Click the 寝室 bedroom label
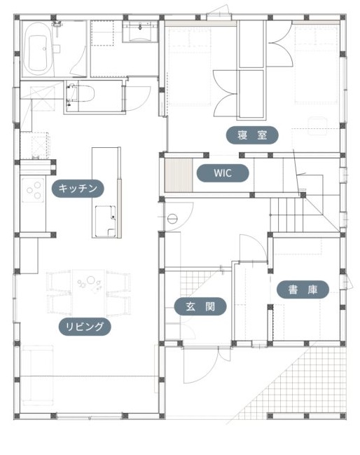[252, 135]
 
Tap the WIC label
[223, 173]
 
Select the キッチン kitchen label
[78, 189]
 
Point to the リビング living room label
[85, 327]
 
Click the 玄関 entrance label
[200, 306]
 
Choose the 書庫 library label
[303, 290]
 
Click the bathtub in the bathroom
[38, 49]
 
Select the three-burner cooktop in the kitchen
[33, 190]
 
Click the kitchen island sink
[106, 221]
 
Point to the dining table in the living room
[88, 292]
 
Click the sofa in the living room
[37, 375]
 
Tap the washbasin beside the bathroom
[140, 32]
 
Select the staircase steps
[287, 215]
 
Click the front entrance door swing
[201, 366]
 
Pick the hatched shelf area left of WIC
[179, 175]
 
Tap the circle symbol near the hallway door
[172, 218]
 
